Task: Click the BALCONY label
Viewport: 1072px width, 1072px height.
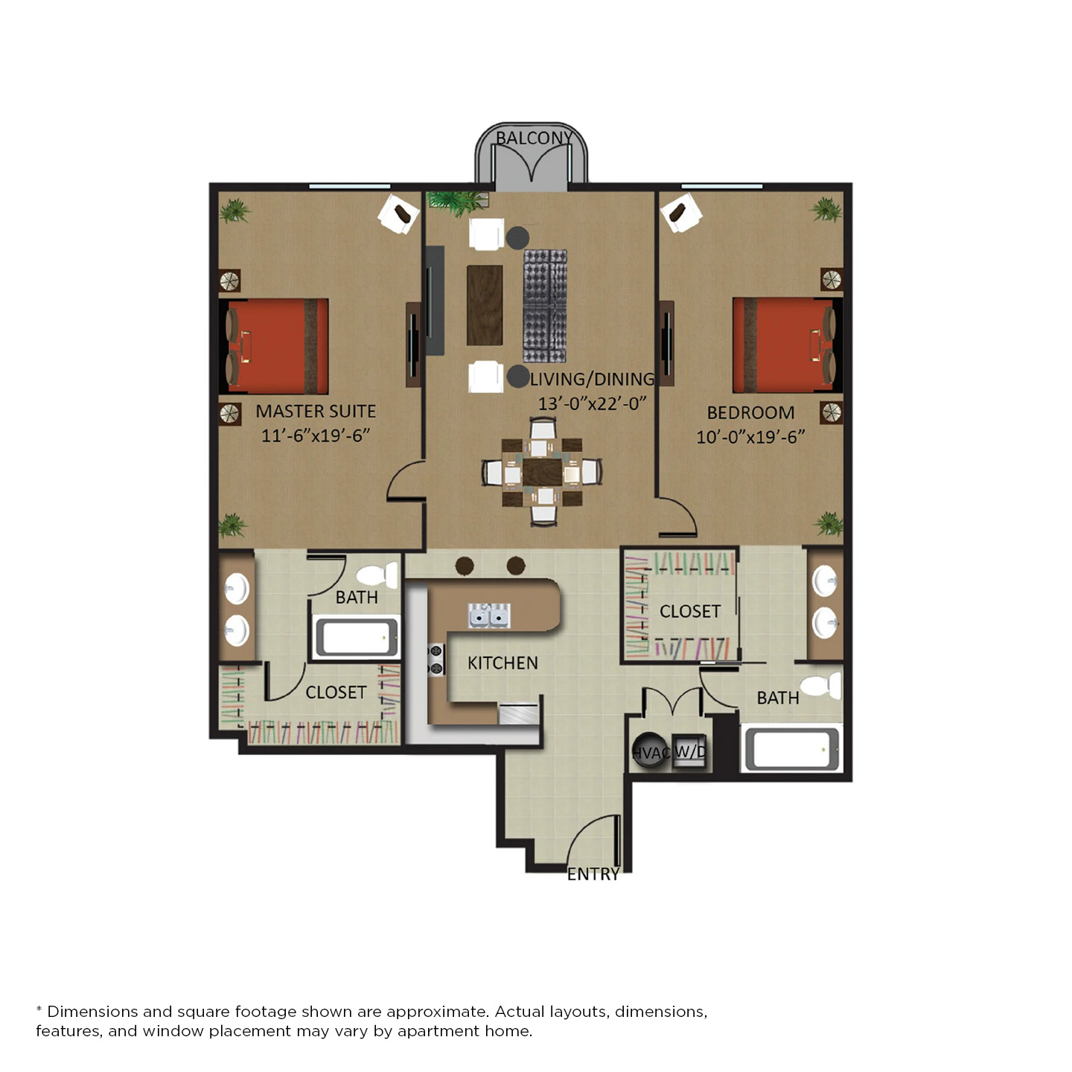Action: (534, 138)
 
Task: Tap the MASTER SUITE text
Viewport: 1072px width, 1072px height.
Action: (316, 411)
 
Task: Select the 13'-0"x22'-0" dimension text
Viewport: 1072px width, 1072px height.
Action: (592, 403)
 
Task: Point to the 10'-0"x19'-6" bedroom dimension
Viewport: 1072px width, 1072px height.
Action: (750, 437)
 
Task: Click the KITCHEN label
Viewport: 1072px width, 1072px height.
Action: (502, 663)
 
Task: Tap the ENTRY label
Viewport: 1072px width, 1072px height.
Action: (593, 874)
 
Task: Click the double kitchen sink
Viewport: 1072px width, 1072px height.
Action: (489, 616)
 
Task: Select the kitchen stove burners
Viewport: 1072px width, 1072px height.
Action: (436, 660)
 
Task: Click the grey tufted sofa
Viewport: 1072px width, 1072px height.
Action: (545, 306)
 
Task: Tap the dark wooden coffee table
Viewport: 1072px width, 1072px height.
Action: (485, 305)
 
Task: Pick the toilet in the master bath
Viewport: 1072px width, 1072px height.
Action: (377, 575)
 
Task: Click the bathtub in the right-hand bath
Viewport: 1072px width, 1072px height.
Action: (791, 749)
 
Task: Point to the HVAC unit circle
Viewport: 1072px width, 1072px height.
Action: (649, 751)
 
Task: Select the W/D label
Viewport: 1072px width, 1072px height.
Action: (690, 752)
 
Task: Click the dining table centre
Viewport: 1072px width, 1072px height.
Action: (542, 473)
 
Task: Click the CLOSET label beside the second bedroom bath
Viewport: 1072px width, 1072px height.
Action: (690, 611)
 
